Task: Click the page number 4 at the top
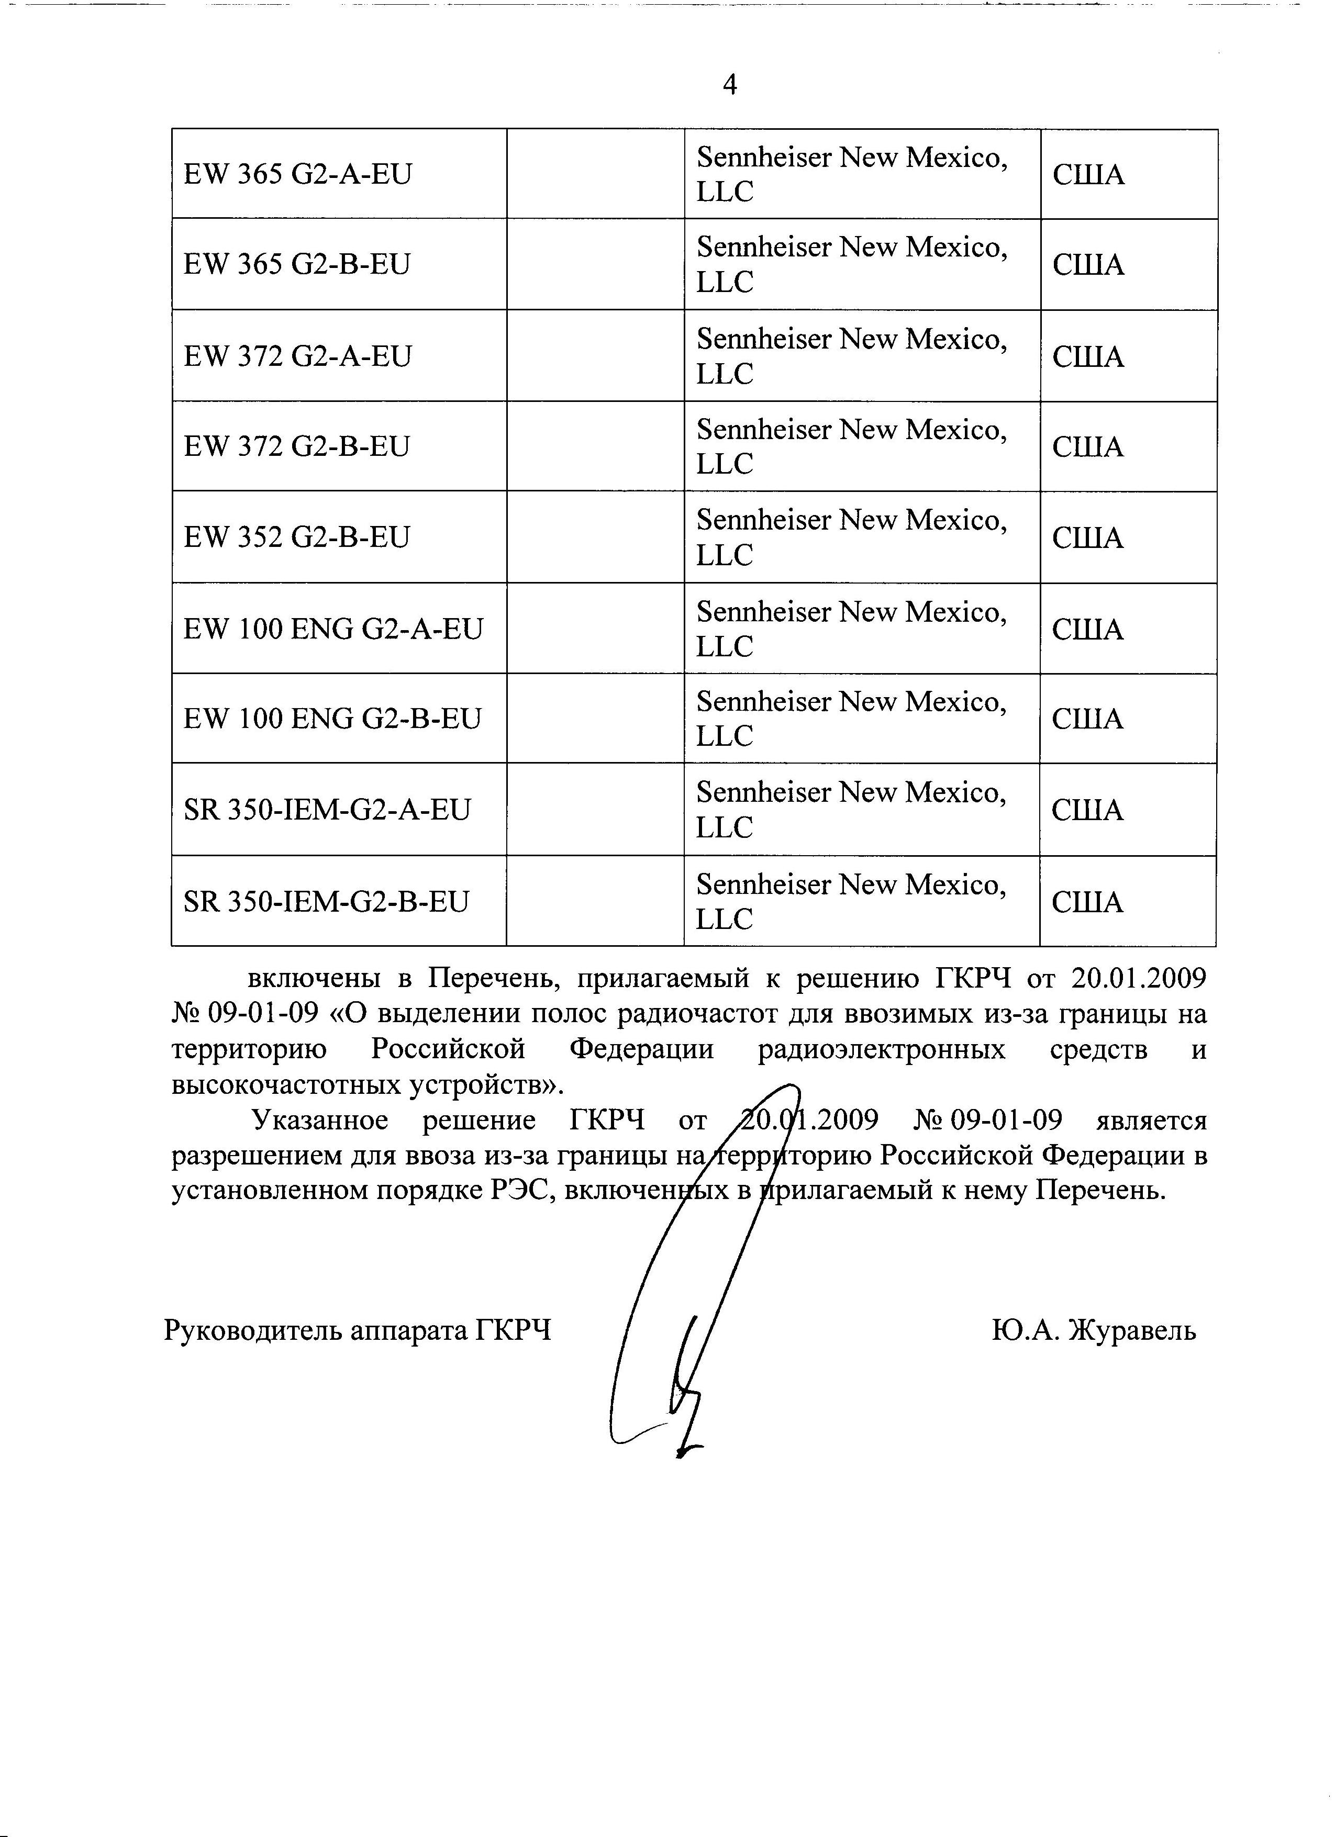click(x=729, y=85)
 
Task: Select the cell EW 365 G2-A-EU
click(x=297, y=174)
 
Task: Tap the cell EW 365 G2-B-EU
click(x=297, y=264)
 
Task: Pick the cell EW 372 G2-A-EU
click(x=297, y=355)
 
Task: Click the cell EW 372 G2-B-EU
click(x=297, y=446)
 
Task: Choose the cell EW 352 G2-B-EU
click(x=297, y=537)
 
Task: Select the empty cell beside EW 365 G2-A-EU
click(x=595, y=174)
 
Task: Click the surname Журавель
click(x=1132, y=1330)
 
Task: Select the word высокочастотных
click(x=285, y=1084)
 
